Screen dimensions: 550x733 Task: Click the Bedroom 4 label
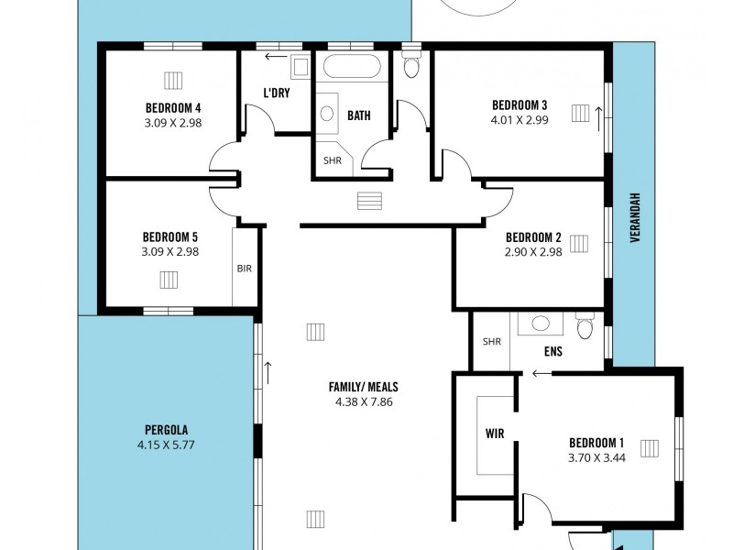[172, 105]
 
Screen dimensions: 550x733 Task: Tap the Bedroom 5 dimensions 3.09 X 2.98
[171, 251]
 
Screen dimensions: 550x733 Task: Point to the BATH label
[359, 115]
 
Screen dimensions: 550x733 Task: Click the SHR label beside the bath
[332, 159]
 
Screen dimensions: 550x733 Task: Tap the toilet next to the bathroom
[411, 66]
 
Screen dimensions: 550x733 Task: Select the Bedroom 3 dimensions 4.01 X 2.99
[520, 119]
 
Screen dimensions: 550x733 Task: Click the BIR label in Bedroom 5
[245, 269]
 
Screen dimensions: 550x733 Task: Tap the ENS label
[552, 350]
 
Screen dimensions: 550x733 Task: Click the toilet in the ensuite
[585, 326]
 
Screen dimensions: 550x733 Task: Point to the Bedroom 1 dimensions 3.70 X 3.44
[596, 457]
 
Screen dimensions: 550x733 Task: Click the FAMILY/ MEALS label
[364, 386]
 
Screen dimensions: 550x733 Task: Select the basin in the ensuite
[542, 323]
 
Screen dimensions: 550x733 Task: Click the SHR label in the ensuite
[492, 342]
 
